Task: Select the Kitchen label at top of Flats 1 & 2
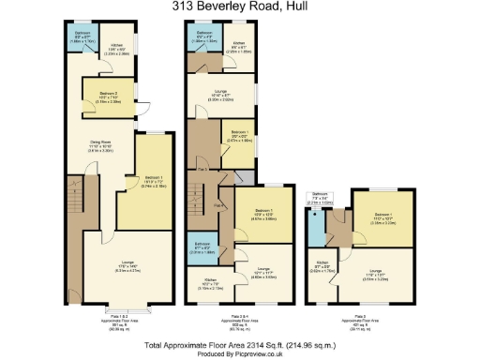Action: tap(117, 48)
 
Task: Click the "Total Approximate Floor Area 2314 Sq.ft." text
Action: tap(239, 344)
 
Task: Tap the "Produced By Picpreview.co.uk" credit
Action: tap(239, 353)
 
